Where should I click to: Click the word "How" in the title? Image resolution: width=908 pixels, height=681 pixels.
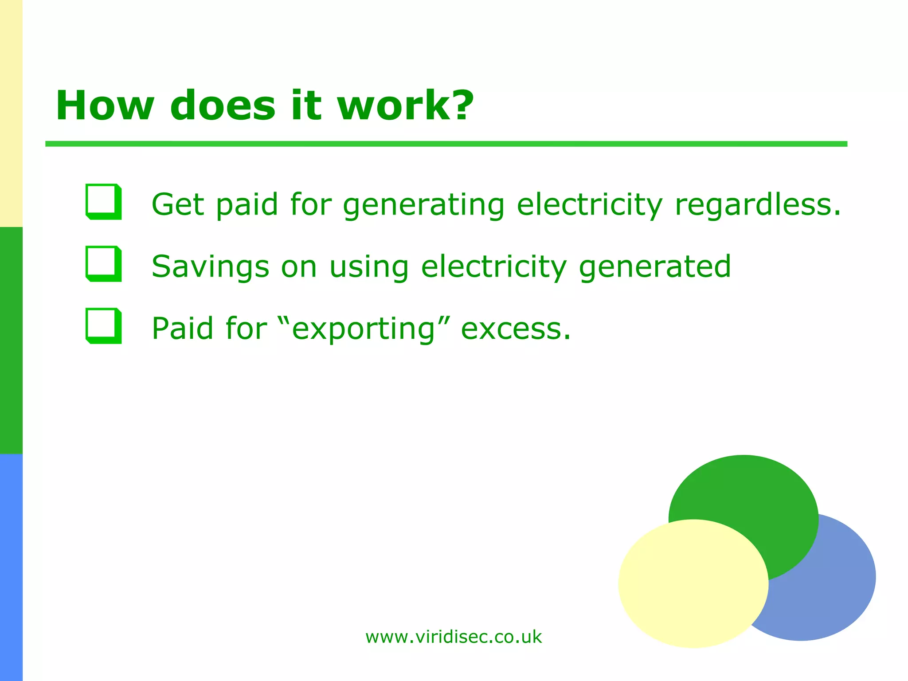[x=105, y=106]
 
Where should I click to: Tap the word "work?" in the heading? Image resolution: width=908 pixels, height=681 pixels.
[x=405, y=106]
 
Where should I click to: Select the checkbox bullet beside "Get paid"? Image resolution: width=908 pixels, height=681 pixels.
[x=103, y=202]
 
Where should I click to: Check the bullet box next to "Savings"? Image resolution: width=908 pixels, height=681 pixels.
[x=103, y=264]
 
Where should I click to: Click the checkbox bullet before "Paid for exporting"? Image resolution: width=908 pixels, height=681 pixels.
[x=103, y=326]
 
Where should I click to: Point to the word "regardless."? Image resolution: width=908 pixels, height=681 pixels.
[x=757, y=205]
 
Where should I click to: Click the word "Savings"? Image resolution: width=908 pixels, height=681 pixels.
[x=210, y=267]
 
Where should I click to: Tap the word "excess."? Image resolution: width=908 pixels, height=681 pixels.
[x=516, y=329]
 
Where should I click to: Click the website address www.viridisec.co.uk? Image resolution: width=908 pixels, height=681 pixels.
[x=454, y=637]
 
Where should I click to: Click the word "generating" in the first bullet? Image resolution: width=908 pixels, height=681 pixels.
[x=423, y=205]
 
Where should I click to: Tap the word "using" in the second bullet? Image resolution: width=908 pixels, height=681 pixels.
[x=368, y=267]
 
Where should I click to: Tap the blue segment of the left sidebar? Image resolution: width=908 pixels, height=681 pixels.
[x=11, y=567]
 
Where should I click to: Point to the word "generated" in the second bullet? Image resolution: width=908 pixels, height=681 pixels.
[x=655, y=267]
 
